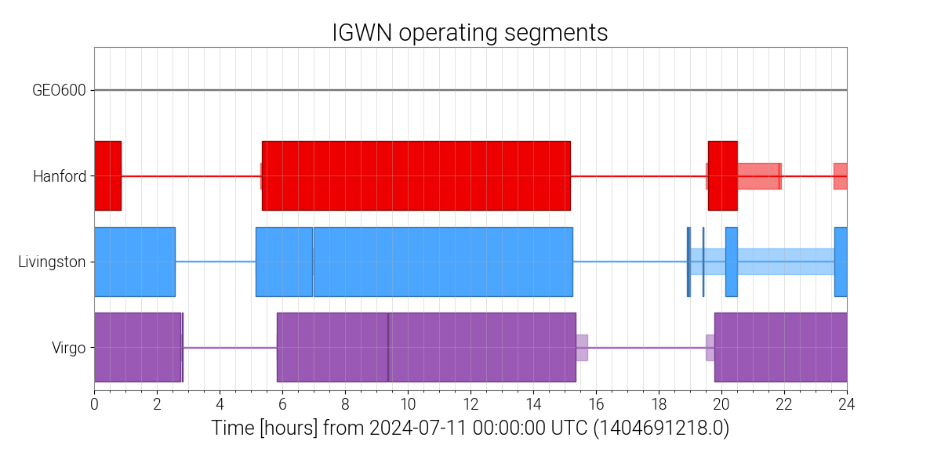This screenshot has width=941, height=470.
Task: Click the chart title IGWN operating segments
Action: pos(470,33)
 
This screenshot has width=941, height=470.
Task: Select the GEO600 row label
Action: pos(59,90)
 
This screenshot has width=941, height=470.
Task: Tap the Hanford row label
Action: pos(59,176)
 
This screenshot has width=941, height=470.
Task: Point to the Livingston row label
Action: pos(52,262)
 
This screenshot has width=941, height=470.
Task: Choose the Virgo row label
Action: pos(67,348)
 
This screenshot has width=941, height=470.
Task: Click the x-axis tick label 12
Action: pos(470,403)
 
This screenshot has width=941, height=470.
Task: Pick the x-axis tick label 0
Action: pos(94,403)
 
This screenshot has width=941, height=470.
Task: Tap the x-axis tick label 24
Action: pos(847,403)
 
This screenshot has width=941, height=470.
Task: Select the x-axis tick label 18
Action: pos(658,403)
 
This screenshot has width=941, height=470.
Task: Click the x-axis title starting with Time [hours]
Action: pos(470,428)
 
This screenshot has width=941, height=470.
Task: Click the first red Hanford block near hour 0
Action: pos(107,176)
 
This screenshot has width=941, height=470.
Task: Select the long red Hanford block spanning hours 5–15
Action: pos(416,176)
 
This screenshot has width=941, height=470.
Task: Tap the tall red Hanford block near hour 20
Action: pos(722,176)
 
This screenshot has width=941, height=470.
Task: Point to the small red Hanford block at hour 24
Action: pos(840,176)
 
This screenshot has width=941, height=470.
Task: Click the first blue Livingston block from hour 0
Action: pos(134,262)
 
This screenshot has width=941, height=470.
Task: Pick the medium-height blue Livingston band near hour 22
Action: pos(784,262)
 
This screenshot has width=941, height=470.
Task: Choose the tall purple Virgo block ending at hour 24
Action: pos(780,348)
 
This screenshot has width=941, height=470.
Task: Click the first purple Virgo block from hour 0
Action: pos(137,348)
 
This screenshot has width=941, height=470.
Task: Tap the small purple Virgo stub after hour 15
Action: pos(583,348)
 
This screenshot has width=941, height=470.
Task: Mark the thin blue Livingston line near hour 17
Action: pos(627,262)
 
